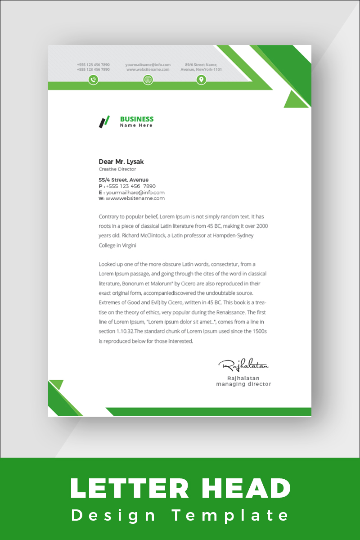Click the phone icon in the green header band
click(93, 80)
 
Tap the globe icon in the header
click(148, 80)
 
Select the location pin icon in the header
click(201, 80)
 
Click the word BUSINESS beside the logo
click(137, 119)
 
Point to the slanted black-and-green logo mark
click(104, 121)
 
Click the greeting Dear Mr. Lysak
click(121, 162)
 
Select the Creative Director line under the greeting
click(117, 169)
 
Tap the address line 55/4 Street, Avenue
click(124, 180)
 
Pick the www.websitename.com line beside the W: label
click(135, 198)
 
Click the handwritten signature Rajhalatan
click(243, 364)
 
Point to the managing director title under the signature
click(243, 384)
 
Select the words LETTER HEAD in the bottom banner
click(180, 488)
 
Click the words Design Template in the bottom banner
click(180, 515)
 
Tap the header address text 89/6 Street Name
click(201, 65)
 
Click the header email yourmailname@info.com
click(148, 65)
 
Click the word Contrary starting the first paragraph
click(108, 216)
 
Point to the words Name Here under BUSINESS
click(136, 126)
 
